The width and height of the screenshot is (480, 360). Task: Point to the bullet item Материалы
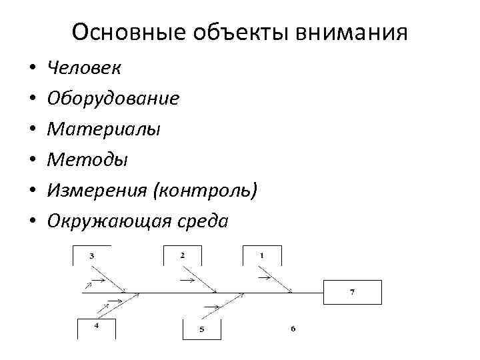[103, 129]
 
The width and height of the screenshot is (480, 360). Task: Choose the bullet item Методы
[87, 160]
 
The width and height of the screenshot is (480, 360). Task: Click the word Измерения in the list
[97, 191]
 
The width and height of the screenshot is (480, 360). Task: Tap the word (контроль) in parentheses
[205, 191]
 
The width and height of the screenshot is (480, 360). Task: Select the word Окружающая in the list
[106, 221]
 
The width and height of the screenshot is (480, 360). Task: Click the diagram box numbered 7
[353, 292]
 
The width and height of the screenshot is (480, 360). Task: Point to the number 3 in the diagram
[92, 255]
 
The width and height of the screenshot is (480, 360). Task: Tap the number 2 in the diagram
[182, 255]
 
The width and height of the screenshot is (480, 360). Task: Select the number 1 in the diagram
[261, 255]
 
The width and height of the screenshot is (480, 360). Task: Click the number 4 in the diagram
[96, 325]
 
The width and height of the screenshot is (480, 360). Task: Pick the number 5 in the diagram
[201, 329]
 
